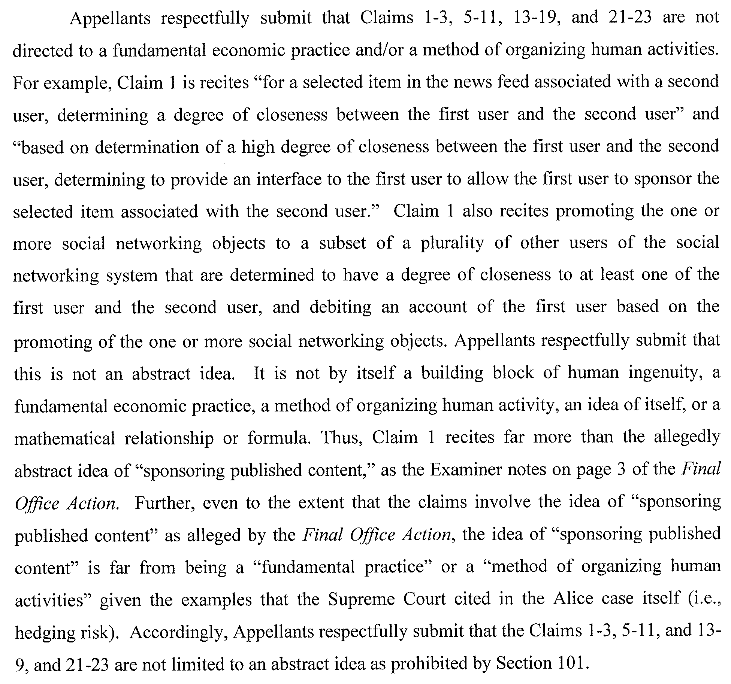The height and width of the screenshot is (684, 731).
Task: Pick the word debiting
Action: (x=340, y=307)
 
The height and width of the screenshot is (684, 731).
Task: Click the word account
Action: (x=438, y=307)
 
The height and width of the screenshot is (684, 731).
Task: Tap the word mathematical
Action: (x=65, y=438)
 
